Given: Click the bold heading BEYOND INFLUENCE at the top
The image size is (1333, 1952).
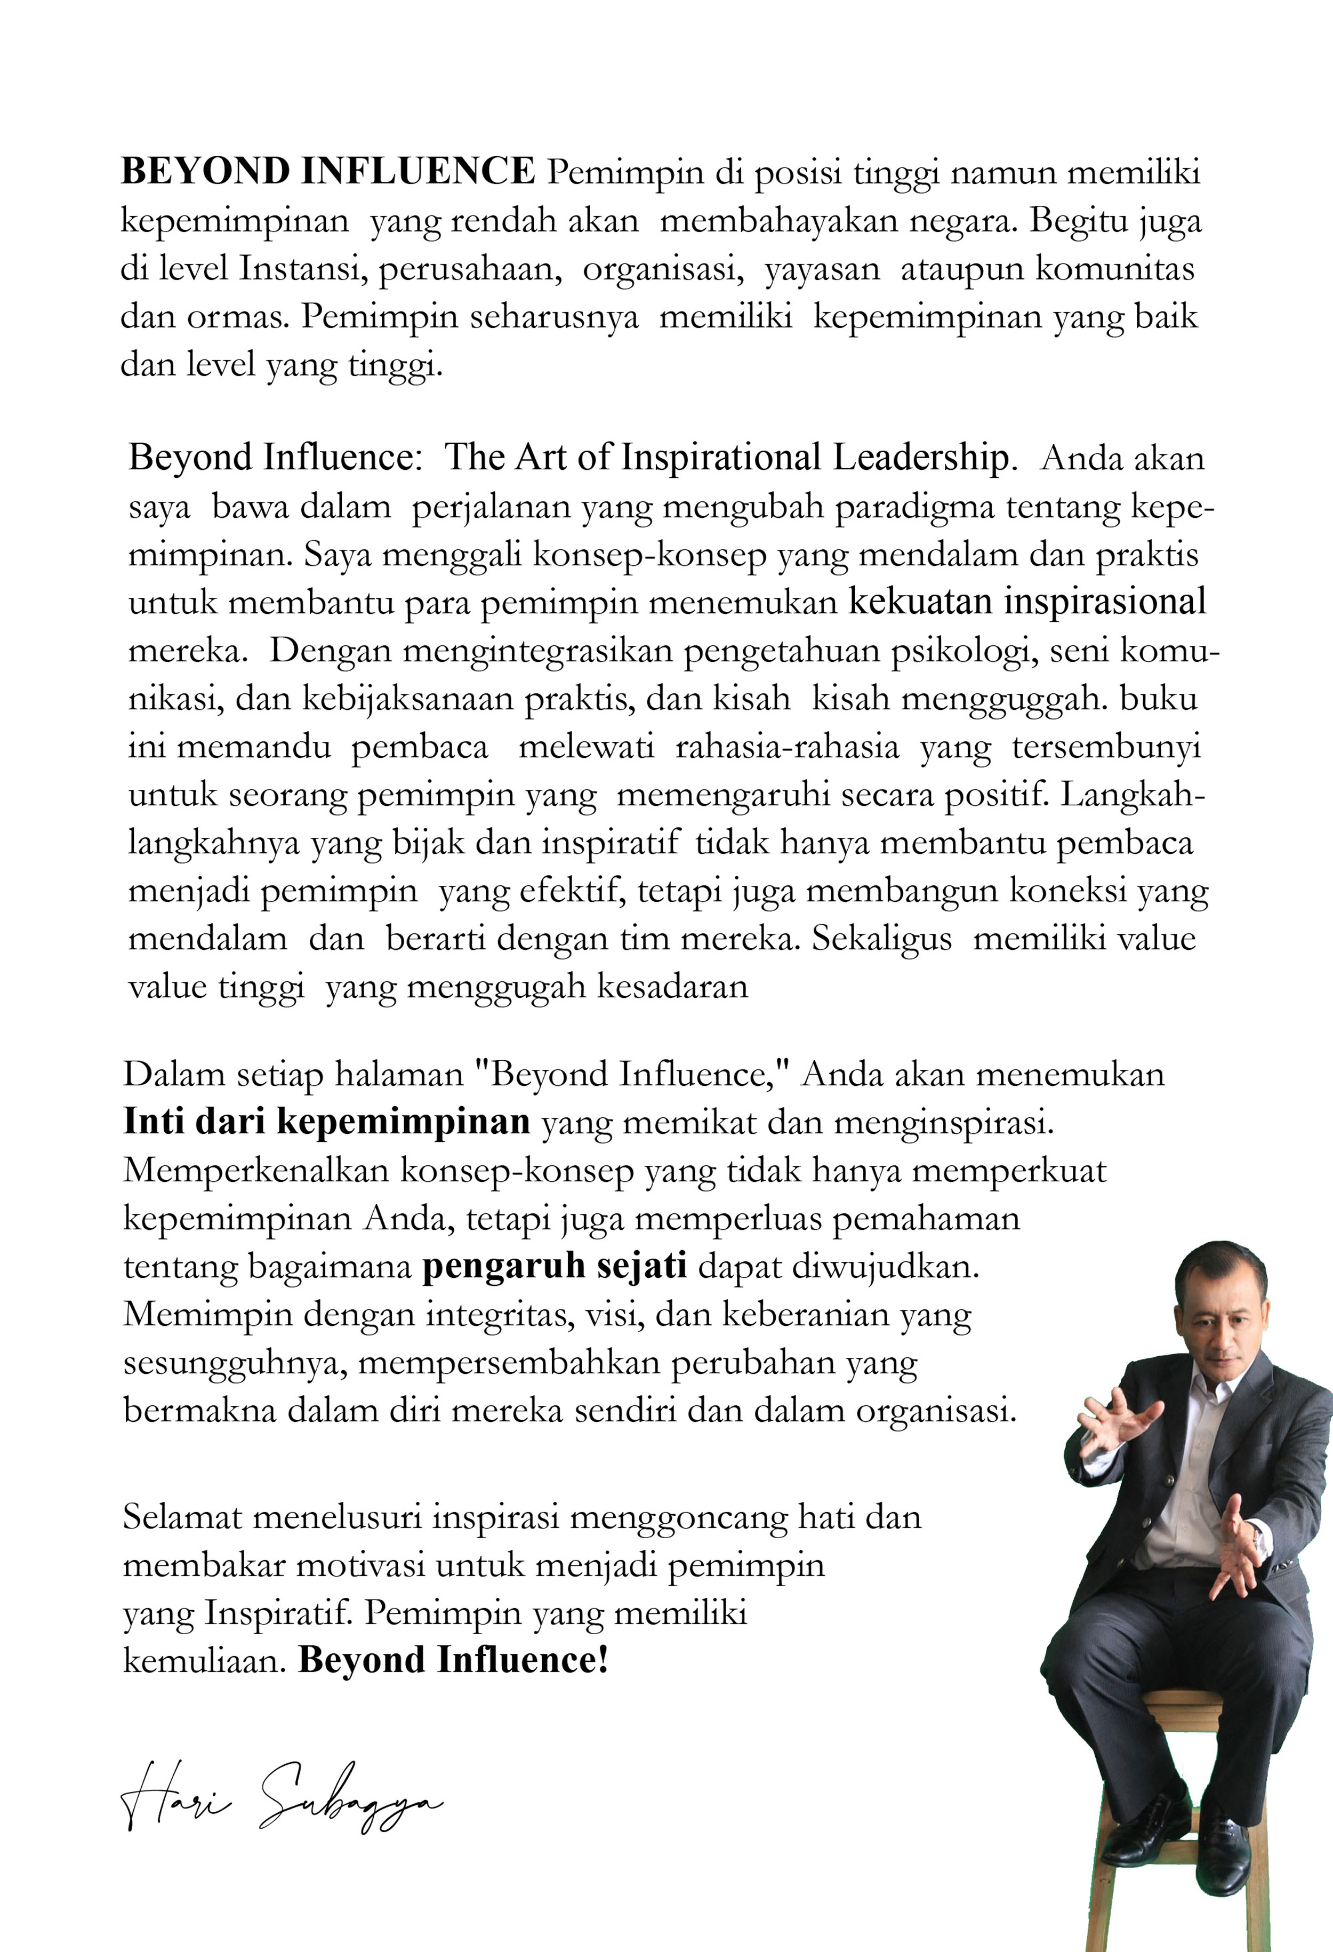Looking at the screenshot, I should coord(327,172).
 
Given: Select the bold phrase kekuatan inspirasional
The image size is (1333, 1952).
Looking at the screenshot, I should coord(1027,602).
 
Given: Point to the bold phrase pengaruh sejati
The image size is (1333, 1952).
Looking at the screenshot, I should coord(555,1266).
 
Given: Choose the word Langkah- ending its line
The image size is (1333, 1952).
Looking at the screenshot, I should coord(1133,795).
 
